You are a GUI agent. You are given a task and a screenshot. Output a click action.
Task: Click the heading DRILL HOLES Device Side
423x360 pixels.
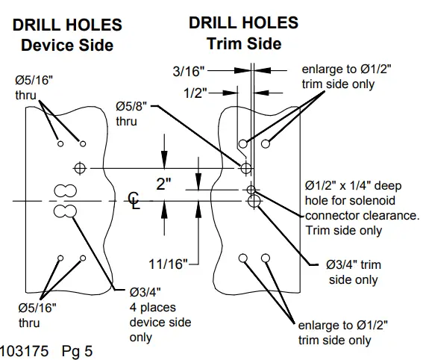tap(67, 35)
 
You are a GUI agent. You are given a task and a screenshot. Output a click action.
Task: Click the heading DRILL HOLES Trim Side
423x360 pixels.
tap(243, 33)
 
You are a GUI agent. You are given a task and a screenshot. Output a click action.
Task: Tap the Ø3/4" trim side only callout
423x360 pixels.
tap(353, 273)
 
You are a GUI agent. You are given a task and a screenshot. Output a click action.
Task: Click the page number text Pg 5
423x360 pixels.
tap(77, 350)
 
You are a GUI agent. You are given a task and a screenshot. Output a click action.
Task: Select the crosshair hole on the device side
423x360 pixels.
tap(81, 166)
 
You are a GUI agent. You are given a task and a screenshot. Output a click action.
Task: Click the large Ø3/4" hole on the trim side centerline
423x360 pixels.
tap(254, 200)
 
